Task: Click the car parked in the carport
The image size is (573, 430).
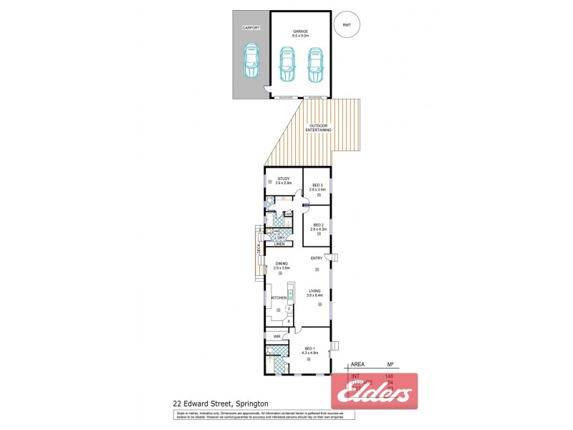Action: (x=251, y=62)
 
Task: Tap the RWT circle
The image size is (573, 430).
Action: (x=347, y=25)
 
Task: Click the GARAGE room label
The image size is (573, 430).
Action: (x=300, y=32)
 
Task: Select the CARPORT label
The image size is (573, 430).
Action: (x=251, y=27)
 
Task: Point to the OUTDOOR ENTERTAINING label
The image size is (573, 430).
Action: (x=319, y=128)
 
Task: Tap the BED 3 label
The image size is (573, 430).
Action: (x=317, y=186)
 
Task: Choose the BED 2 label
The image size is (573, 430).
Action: (x=317, y=225)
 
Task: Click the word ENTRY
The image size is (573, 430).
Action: (x=317, y=258)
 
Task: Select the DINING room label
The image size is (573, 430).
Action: (x=281, y=263)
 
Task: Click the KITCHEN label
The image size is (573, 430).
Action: (x=279, y=297)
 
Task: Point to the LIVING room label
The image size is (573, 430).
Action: (x=314, y=291)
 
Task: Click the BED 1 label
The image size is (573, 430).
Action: (x=309, y=349)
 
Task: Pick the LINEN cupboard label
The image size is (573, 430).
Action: (x=279, y=244)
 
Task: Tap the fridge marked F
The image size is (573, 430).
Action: (x=289, y=309)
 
